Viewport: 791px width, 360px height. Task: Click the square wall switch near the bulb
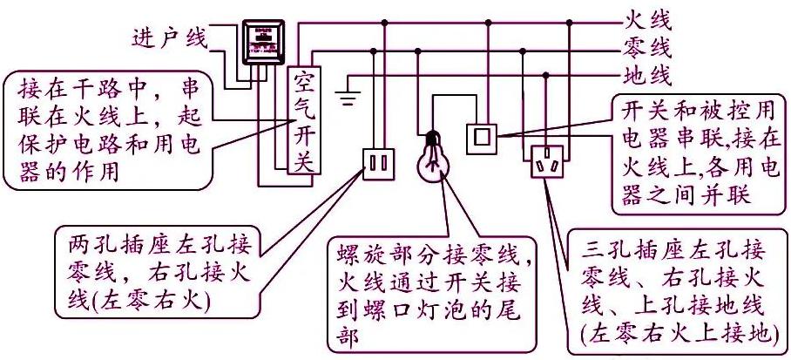pyautogui.click(x=483, y=136)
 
